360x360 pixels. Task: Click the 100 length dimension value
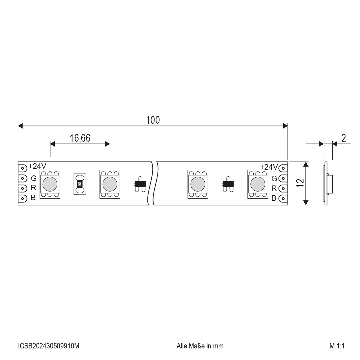(x=153, y=120)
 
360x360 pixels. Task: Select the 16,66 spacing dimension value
(x=80, y=138)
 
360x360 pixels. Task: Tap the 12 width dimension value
(x=300, y=183)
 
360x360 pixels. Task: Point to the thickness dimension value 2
(x=344, y=138)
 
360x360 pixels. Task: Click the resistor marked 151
(x=80, y=184)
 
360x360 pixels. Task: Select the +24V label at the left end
(x=37, y=166)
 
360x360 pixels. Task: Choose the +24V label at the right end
(x=269, y=167)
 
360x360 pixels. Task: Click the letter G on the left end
(x=34, y=178)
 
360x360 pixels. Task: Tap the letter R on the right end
(x=274, y=188)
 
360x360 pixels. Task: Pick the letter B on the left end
(x=33, y=197)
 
